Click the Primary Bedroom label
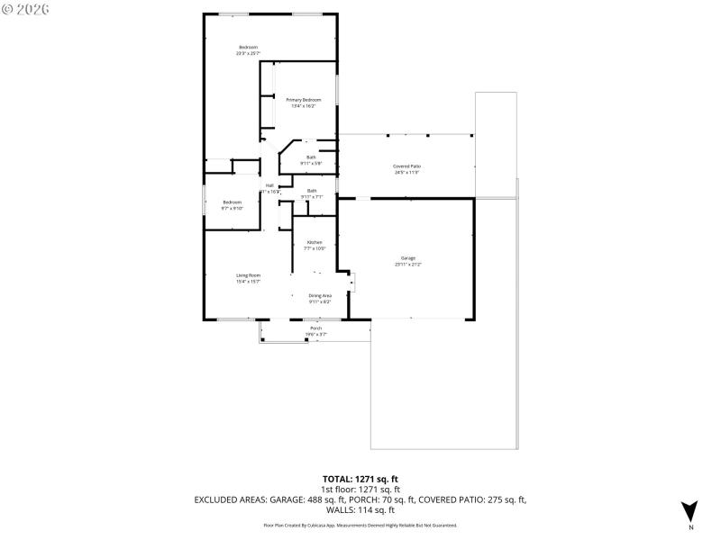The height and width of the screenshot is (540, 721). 303,99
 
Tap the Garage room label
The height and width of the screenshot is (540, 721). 407,258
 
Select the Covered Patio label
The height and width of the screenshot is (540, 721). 406,166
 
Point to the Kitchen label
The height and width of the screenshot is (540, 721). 315,242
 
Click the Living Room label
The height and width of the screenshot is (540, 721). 248,275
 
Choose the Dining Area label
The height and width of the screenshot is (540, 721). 320,295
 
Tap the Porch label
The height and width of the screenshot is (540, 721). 315,328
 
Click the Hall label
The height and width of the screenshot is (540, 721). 269,185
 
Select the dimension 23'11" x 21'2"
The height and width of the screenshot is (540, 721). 407,265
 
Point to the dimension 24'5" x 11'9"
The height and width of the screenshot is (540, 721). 406,173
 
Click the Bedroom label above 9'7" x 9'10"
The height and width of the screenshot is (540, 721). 233,202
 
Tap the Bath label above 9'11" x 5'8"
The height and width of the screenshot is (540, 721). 311,157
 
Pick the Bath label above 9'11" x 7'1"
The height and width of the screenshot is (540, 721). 312,190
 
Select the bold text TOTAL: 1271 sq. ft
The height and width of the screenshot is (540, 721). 360,479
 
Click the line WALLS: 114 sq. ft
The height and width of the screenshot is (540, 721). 360,509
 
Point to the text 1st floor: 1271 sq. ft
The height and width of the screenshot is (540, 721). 360,489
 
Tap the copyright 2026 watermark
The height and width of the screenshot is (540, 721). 26,8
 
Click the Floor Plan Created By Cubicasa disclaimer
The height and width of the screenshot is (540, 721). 360,525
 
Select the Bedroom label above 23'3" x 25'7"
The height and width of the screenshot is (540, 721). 248,47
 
